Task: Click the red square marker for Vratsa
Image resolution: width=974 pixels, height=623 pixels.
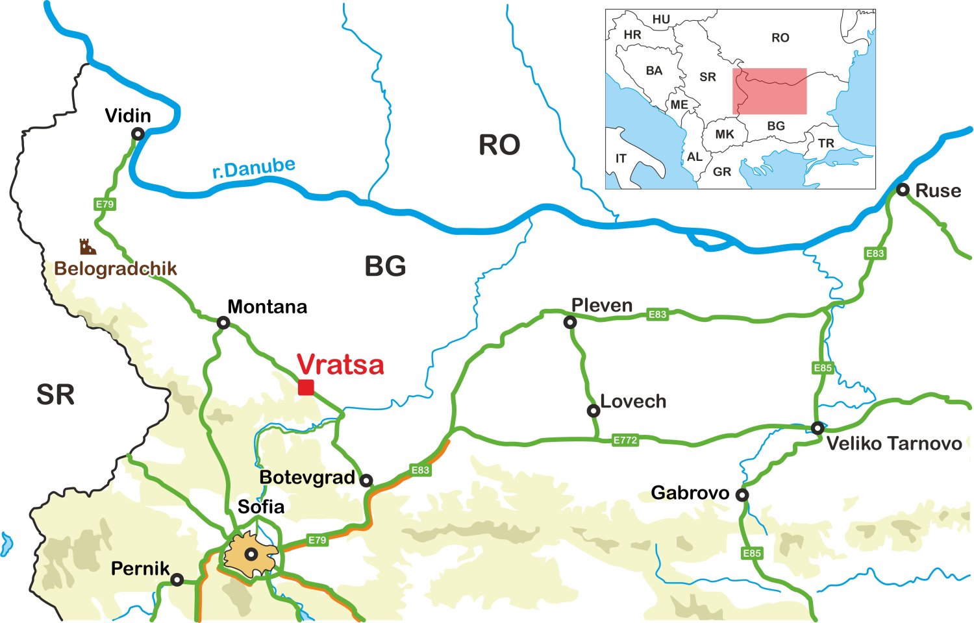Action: pyautogui.click(x=306, y=387)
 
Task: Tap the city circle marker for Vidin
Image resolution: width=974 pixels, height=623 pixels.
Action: pyautogui.click(x=138, y=134)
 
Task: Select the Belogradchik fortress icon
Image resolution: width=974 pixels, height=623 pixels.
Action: pyautogui.click(x=88, y=247)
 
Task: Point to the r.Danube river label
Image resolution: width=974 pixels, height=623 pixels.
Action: pyautogui.click(x=254, y=168)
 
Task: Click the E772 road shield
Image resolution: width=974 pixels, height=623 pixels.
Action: pyautogui.click(x=625, y=440)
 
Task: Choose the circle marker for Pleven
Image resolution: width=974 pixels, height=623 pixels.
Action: pyautogui.click(x=570, y=322)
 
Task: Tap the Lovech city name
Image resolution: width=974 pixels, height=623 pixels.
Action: pyautogui.click(x=633, y=401)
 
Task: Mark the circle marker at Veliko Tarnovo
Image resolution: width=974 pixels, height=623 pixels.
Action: pyautogui.click(x=818, y=428)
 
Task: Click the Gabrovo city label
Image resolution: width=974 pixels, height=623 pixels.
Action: pyautogui.click(x=690, y=493)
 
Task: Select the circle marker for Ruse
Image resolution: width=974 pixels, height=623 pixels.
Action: pyautogui.click(x=903, y=189)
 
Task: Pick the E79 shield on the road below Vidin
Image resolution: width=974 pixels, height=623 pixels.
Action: pyautogui.click(x=105, y=204)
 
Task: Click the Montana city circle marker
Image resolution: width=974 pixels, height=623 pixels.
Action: pyautogui.click(x=223, y=323)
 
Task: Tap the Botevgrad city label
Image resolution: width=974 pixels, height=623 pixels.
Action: pyautogui.click(x=307, y=478)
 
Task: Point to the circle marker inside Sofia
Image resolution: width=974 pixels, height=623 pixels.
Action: pyautogui.click(x=251, y=554)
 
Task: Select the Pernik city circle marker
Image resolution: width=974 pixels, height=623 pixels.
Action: pyautogui.click(x=177, y=580)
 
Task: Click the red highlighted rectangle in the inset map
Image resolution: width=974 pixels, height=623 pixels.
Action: pyautogui.click(x=769, y=91)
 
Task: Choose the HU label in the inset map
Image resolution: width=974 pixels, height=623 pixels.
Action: pyautogui.click(x=661, y=19)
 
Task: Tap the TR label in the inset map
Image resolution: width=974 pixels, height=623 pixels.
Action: pyautogui.click(x=826, y=143)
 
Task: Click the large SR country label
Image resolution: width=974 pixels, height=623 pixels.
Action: pyautogui.click(x=55, y=395)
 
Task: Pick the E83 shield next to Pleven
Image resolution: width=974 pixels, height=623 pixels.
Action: pyautogui.click(x=657, y=314)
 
